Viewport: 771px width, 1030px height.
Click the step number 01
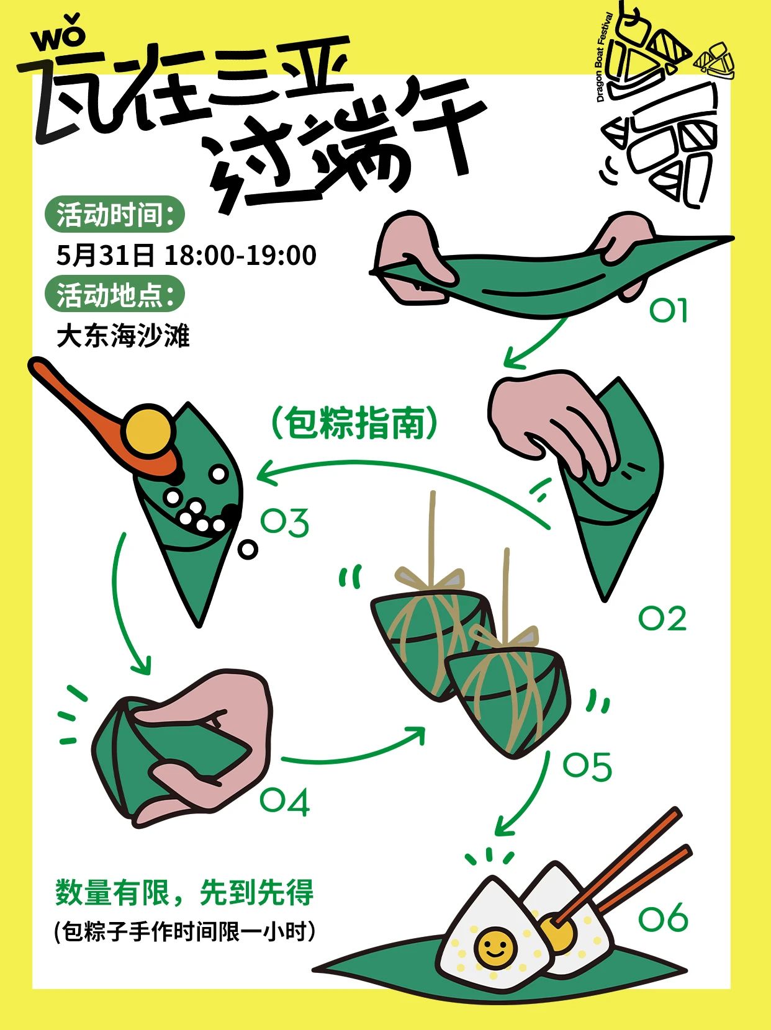click(x=668, y=310)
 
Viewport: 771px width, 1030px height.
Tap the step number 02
click(x=662, y=619)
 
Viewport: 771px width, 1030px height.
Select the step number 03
click(x=285, y=522)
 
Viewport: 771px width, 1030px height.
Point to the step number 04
click(x=284, y=801)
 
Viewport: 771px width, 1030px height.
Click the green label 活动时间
click(x=114, y=215)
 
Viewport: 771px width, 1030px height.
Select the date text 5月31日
click(x=105, y=255)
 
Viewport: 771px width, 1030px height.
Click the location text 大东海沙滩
click(x=123, y=336)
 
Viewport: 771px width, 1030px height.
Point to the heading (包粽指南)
click(x=354, y=423)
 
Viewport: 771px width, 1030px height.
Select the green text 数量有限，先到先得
click(x=184, y=892)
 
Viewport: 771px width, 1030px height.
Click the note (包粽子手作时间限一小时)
click(x=184, y=931)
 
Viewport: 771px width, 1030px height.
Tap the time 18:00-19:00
click(x=241, y=255)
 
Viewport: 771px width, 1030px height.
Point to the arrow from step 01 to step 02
click(x=535, y=342)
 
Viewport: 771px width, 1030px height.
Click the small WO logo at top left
click(x=59, y=34)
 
